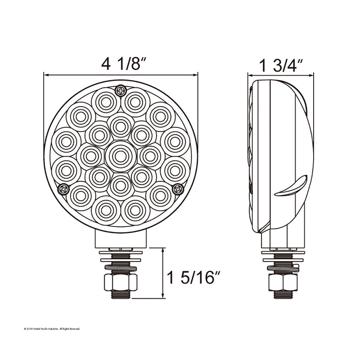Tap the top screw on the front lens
pyautogui.click(x=121, y=90)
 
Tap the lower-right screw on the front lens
pyautogui.click(x=178, y=189)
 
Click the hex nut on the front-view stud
pyautogui.click(x=120, y=282)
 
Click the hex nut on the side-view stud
pyautogui.click(x=283, y=282)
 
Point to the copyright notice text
pyautogui.click(x=51, y=329)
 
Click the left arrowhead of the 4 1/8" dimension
pyautogui.click(x=46, y=75)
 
